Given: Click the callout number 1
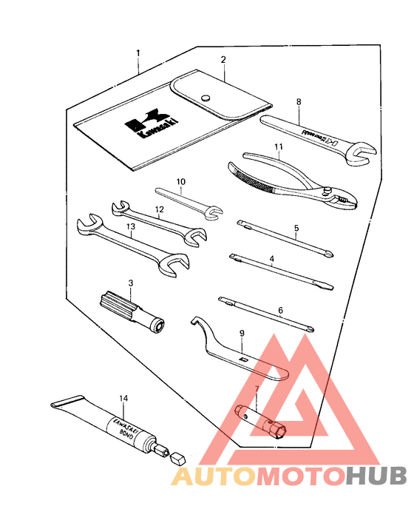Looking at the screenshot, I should (x=138, y=53).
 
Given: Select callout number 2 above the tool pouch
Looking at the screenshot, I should (x=223, y=59).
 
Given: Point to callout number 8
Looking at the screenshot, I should (x=299, y=102).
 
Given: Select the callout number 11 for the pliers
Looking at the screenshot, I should (x=278, y=147).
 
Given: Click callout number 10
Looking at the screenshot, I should (x=181, y=181).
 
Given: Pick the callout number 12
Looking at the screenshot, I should (x=158, y=209).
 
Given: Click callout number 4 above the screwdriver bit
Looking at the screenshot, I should (x=272, y=260).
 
